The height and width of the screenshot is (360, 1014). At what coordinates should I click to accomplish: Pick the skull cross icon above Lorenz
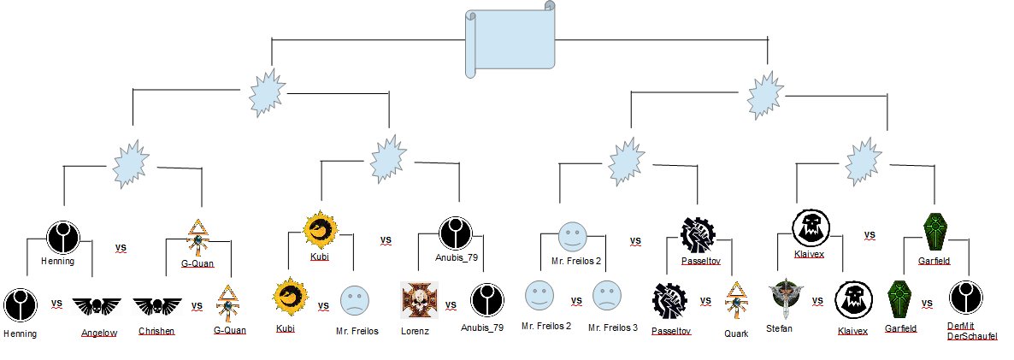[419, 300]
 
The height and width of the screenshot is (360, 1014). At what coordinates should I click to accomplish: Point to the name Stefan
[781, 328]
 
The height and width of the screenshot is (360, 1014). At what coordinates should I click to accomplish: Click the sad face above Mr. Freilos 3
[606, 295]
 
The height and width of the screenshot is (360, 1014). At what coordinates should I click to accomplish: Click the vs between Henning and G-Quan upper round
[121, 248]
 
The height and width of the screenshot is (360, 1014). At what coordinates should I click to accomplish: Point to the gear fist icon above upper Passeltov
[696, 233]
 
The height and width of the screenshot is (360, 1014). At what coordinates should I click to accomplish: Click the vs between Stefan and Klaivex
[817, 301]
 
